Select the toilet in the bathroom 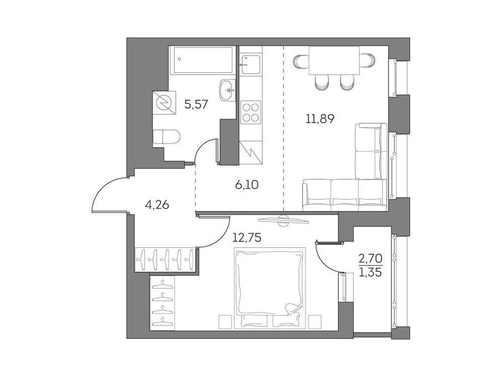(x=165, y=136)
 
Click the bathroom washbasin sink (x=227, y=89)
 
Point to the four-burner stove (x=251, y=111)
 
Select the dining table (x=334, y=61)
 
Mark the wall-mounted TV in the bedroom (x=283, y=220)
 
